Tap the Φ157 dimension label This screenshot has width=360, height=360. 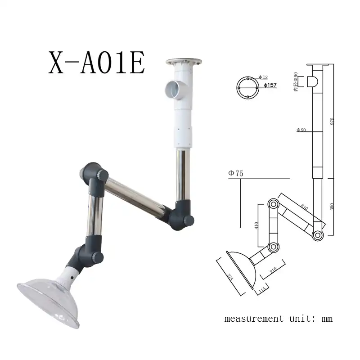pyautogui.click(x=270, y=85)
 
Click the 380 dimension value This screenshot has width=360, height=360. pyautogui.click(x=332, y=207)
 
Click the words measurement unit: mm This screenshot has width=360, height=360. pyautogui.click(x=279, y=319)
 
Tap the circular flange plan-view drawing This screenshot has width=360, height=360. pyautogui.click(x=248, y=87)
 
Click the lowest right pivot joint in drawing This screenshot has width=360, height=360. pyautogui.click(x=318, y=235)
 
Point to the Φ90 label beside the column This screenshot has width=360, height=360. pyautogui.click(x=301, y=130)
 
